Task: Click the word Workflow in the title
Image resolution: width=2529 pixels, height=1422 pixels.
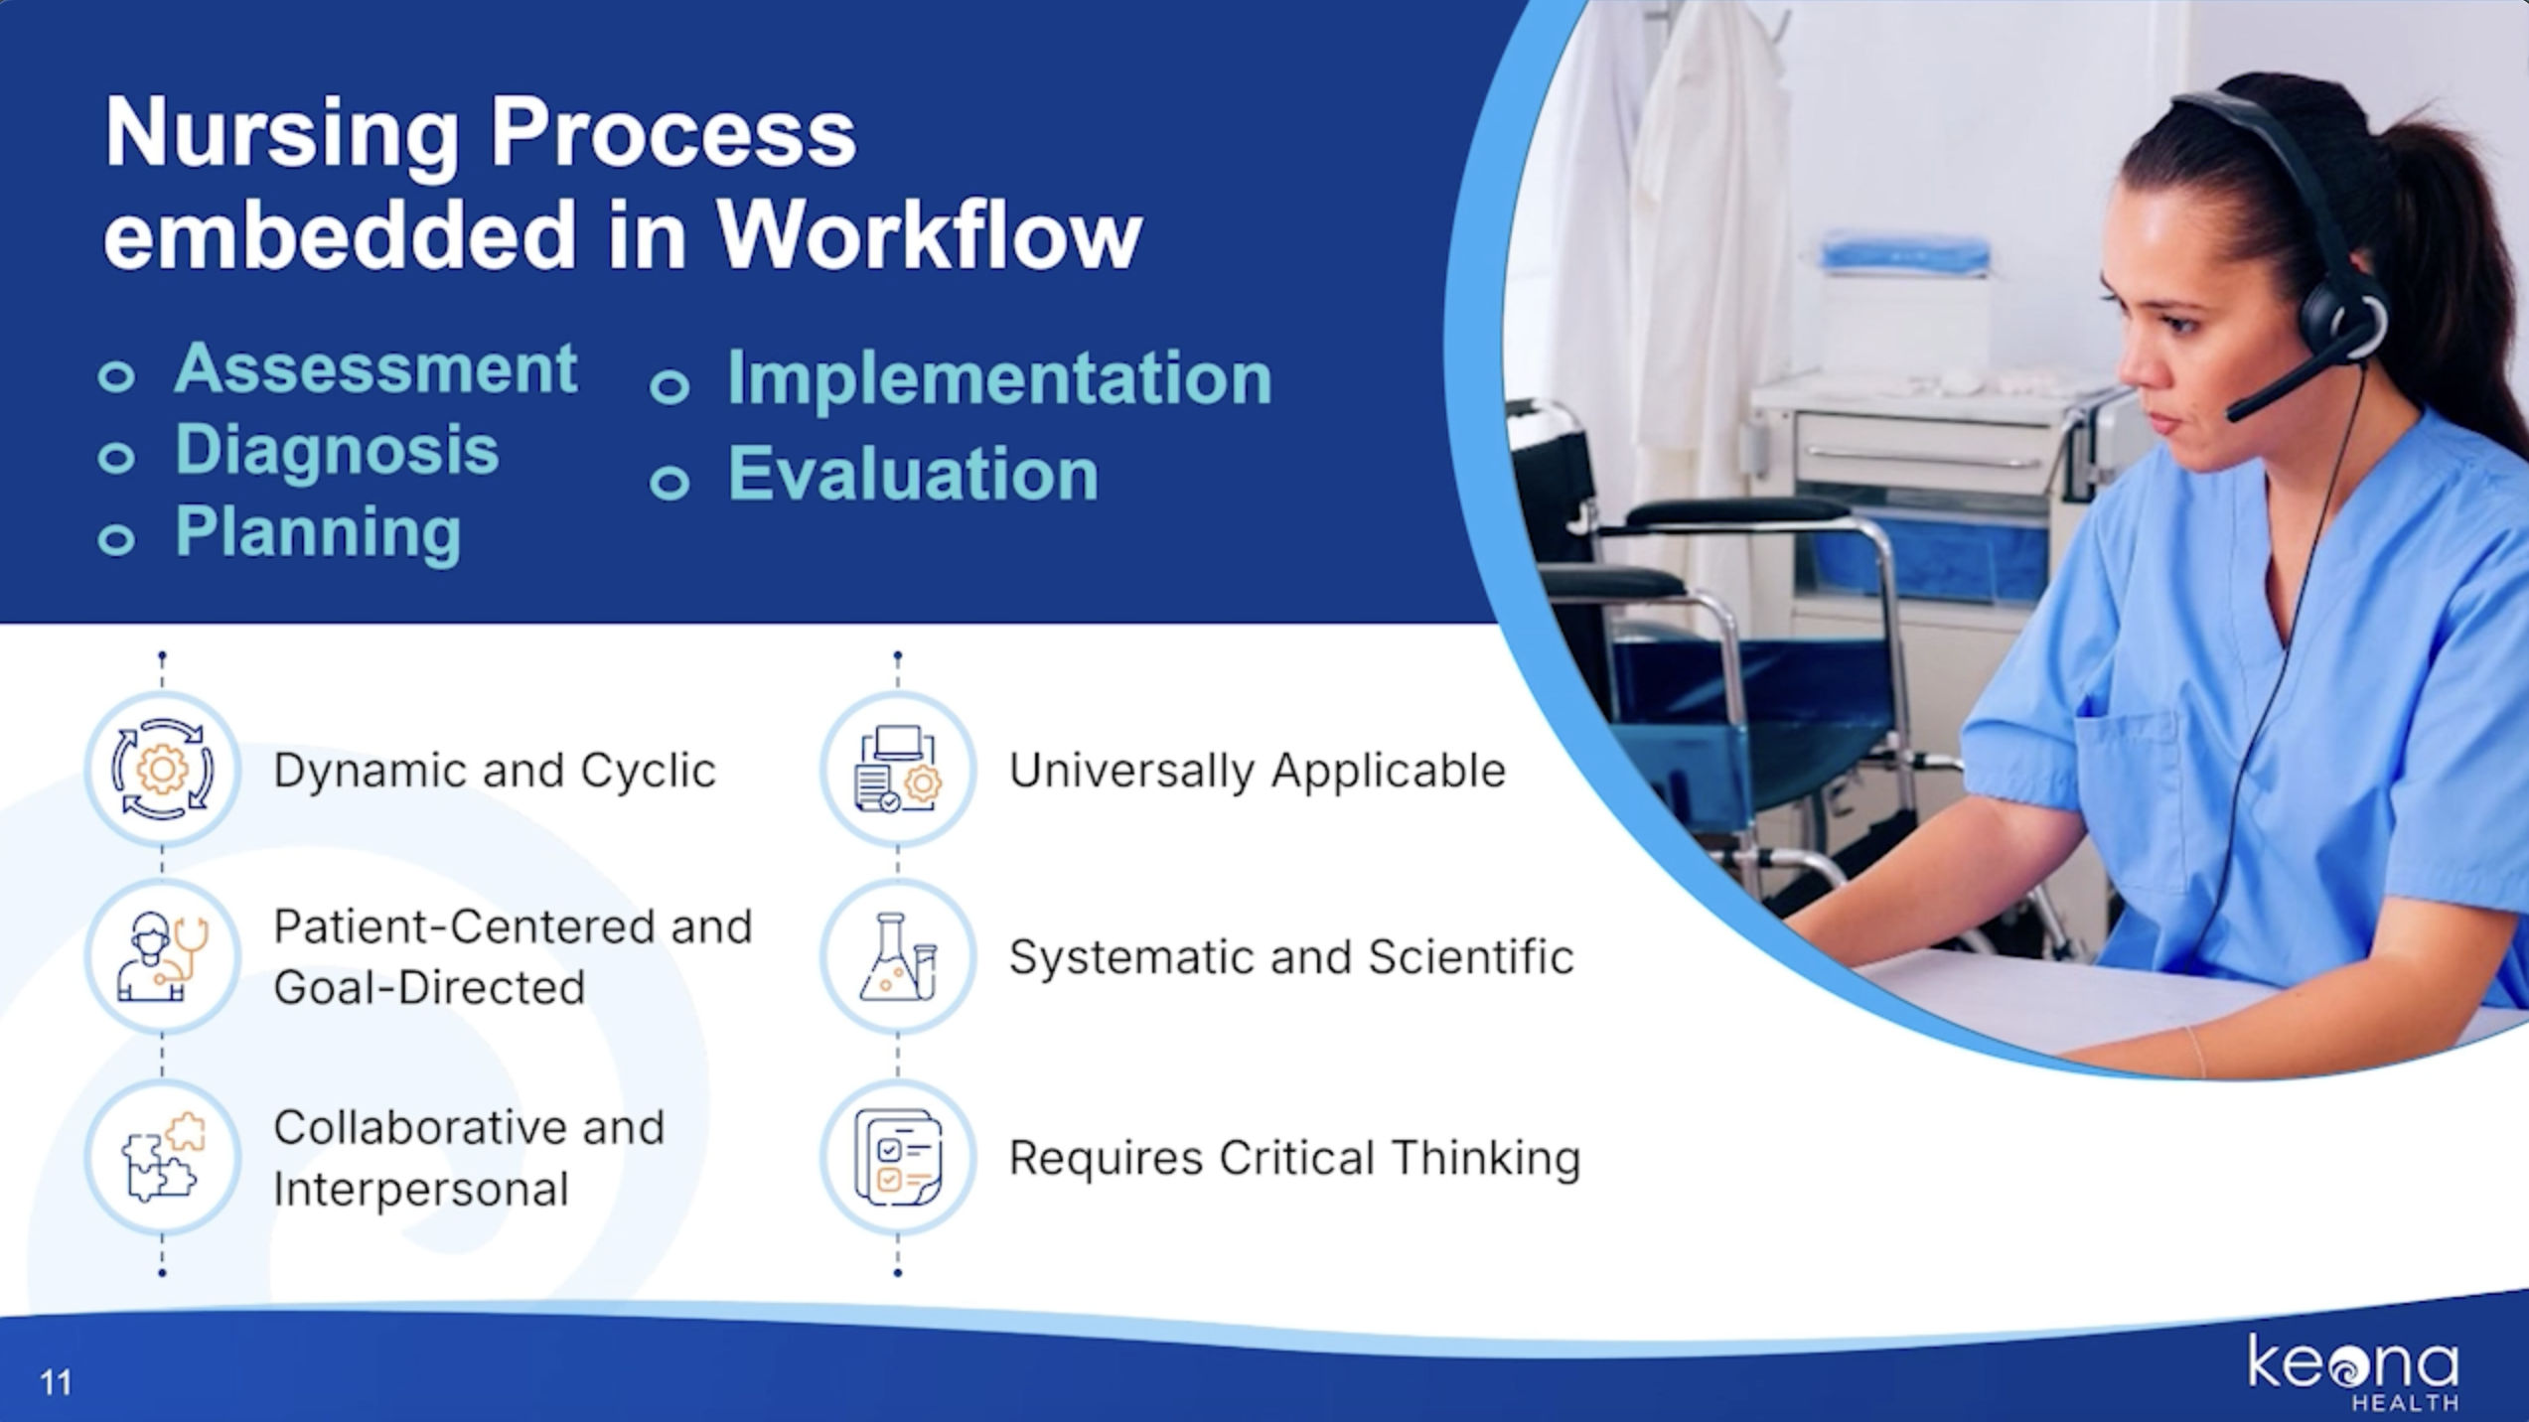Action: click(930, 235)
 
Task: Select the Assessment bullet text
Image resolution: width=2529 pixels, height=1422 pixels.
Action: click(375, 369)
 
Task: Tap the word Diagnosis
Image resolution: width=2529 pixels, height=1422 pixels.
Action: click(337, 451)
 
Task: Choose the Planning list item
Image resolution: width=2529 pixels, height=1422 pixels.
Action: click(318, 532)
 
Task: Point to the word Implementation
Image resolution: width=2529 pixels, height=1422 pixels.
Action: click(998, 379)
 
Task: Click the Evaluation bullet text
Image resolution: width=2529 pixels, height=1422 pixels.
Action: click(913, 474)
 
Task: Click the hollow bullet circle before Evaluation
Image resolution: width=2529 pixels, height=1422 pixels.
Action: click(669, 483)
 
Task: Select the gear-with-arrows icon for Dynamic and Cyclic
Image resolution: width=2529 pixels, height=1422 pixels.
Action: click(162, 770)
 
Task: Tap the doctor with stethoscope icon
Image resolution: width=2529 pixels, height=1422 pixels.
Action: click(162, 957)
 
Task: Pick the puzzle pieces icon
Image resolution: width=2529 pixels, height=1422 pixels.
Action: click(162, 1158)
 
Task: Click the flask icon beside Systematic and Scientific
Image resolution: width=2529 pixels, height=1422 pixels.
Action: click(897, 957)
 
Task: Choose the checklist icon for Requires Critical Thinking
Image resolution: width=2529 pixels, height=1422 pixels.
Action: click(897, 1158)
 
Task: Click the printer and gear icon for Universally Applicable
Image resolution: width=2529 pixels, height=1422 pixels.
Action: click(897, 770)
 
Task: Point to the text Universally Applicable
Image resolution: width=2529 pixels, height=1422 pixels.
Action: click(1257, 771)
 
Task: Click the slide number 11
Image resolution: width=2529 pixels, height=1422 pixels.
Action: click(56, 1382)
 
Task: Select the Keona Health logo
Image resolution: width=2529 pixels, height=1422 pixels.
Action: click(2352, 1370)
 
